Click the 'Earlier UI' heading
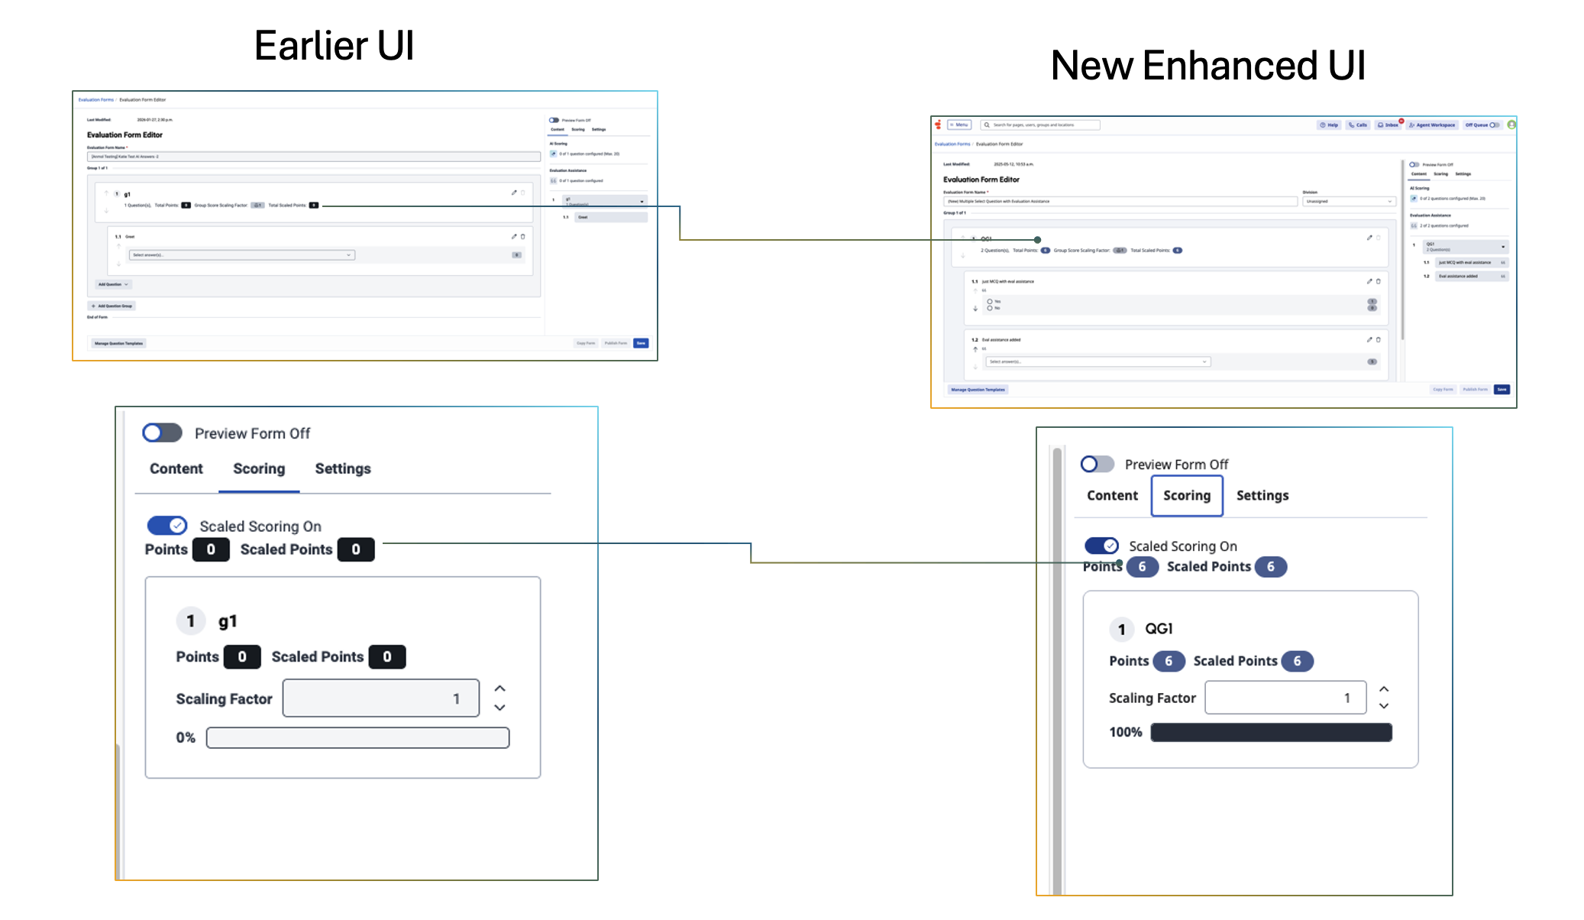[x=334, y=46]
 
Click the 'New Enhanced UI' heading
[x=1207, y=66]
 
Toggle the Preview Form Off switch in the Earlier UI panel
[x=162, y=433]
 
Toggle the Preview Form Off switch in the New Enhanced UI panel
[x=1097, y=464]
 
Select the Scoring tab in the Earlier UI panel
[x=259, y=469]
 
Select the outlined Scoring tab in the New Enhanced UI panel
[x=1186, y=496]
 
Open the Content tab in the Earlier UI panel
[x=176, y=469]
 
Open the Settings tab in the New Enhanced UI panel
[x=1262, y=496]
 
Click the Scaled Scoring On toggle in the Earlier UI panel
[x=167, y=526]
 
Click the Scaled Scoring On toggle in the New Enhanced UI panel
[x=1101, y=546]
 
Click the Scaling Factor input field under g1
[x=380, y=698]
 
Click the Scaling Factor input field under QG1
[x=1285, y=698]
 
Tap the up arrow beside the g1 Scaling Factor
[x=499, y=688]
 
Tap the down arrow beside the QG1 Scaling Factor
[x=1384, y=706]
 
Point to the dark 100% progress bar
[x=1271, y=732]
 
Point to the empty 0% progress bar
[x=357, y=737]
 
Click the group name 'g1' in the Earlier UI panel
[x=228, y=621]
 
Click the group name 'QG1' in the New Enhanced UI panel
[x=1159, y=629]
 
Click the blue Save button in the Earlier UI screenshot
[x=641, y=343]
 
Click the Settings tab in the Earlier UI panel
[x=342, y=469]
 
